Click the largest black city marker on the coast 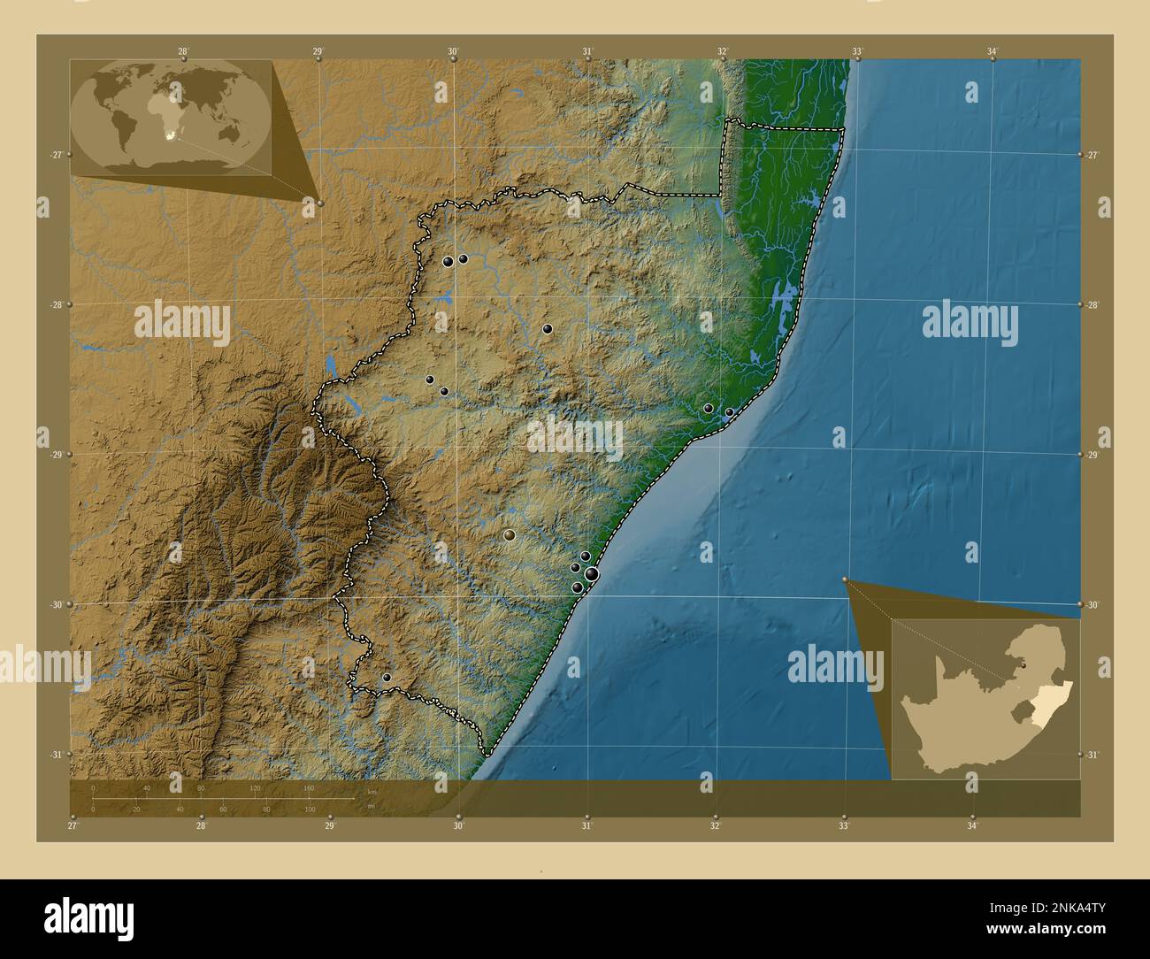[591, 575]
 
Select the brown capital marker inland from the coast [509, 535]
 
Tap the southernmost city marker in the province [387, 678]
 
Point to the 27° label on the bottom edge [73, 826]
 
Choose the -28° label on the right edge [1093, 304]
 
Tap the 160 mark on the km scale [309, 787]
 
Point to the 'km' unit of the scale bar [372, 791]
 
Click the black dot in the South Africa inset [1023, 665]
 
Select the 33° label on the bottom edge [844, 826]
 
